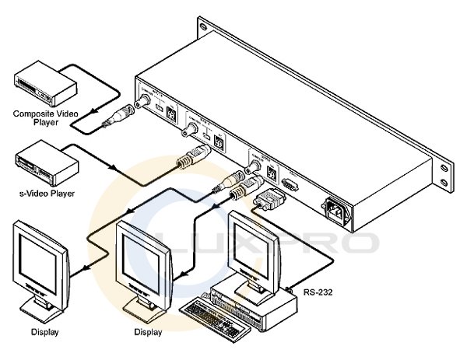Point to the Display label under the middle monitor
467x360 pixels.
(147, 332)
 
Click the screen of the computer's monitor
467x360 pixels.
(250, 241)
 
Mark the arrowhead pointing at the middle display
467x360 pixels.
(181, 273)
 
